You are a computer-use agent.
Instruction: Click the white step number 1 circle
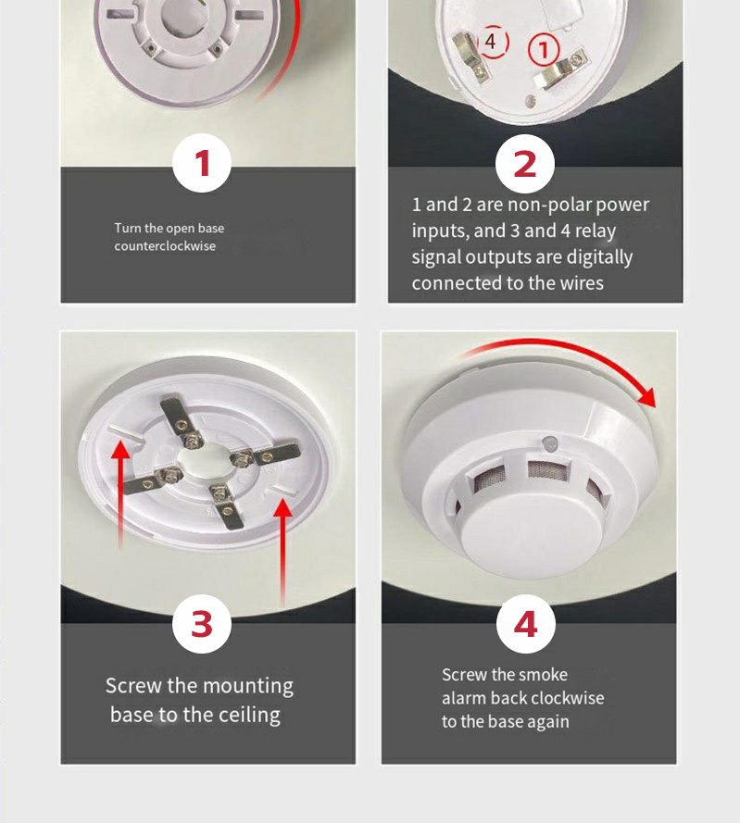click(202, 163)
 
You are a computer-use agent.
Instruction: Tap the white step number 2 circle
click(525, 164)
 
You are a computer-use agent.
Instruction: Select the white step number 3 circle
click(202, 624)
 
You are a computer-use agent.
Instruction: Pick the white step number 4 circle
click(526, 624)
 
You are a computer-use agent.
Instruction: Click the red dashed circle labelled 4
click(492, 42)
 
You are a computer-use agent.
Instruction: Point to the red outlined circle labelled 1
click(544, 50)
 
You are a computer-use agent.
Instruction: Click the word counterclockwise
click(165, 246)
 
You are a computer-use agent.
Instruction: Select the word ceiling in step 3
click(249, 716)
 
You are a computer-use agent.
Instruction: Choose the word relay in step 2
click(596, 231)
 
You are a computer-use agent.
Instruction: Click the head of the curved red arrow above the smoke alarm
click(647, 397)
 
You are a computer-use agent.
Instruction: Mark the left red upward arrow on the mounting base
click(120, 494)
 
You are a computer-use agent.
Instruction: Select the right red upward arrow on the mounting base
click(283, 552)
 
